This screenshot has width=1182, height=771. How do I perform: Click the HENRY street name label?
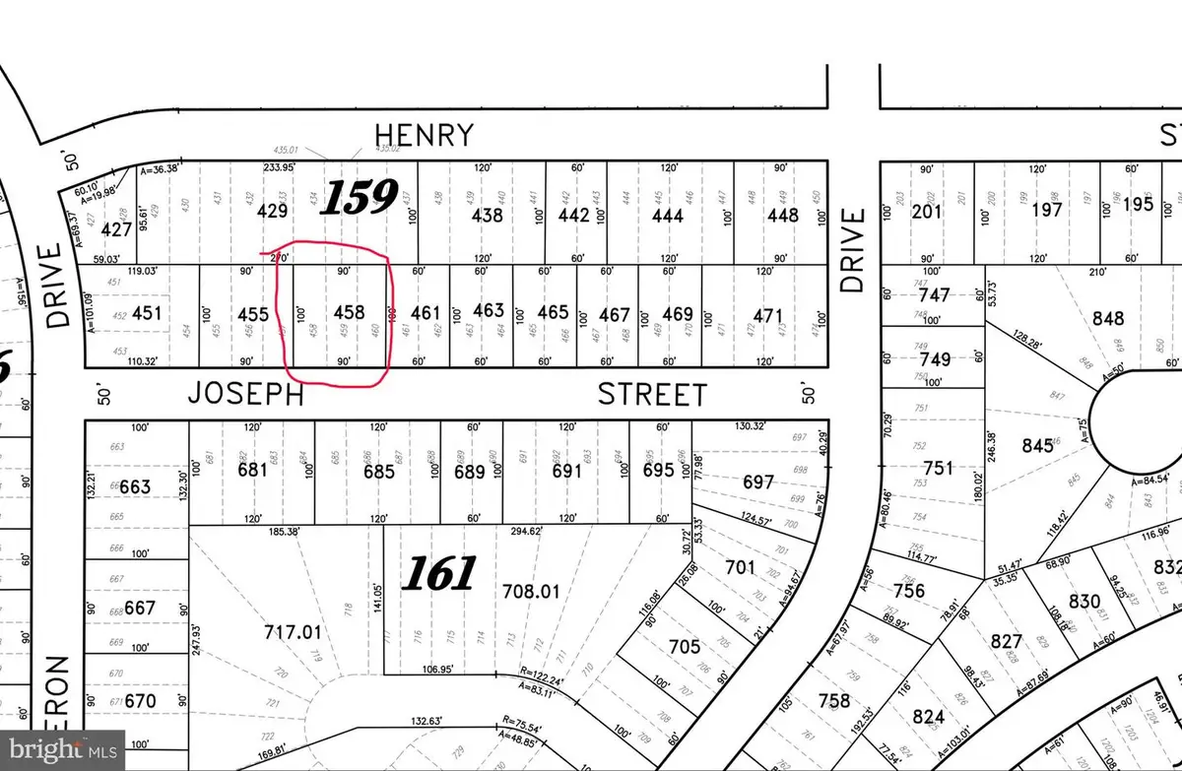(x=425, y=134)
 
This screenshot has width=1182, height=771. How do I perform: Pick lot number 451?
(x=146, y=313)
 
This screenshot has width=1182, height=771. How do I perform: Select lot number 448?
(x=783, y=213)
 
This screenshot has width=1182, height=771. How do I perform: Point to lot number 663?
(x=135, y=486)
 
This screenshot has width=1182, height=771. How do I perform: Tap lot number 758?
(x=834, y=700)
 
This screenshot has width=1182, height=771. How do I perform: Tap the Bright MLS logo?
(x=61, y=750)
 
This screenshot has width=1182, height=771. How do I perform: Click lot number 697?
(x=757, y=481)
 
